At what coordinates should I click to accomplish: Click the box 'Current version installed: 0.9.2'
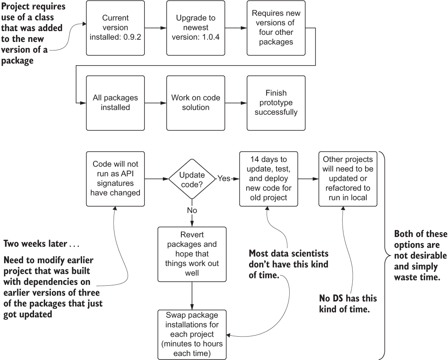coord(116,28)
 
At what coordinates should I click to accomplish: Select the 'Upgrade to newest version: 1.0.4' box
coord(196,28)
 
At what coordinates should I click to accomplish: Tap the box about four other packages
coord(276,28)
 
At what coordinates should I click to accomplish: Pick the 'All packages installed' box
coord(116,103)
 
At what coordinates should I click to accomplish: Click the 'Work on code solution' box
coord(196,103)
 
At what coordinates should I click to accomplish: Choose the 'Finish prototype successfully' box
coord(276,103)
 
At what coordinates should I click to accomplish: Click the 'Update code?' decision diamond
coord(192,179)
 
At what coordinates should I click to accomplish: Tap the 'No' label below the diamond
coord(192,210)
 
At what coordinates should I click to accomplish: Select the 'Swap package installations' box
coord(192,334)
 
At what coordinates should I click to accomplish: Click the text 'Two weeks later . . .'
coord(41,244)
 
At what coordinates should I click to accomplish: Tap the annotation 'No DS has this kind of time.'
coord(348,303)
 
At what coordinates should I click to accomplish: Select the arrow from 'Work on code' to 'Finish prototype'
coord(236,103)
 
